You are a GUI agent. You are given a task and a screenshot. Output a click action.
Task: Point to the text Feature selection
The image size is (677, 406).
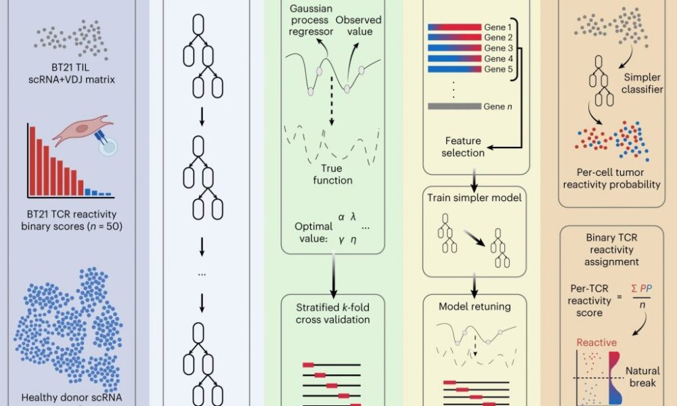click(x=463, y=147)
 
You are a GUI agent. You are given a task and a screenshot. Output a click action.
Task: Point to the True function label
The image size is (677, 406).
click(x=332, y=175)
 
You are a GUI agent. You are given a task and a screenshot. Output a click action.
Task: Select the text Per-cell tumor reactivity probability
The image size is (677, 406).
click(x=617, y=177)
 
